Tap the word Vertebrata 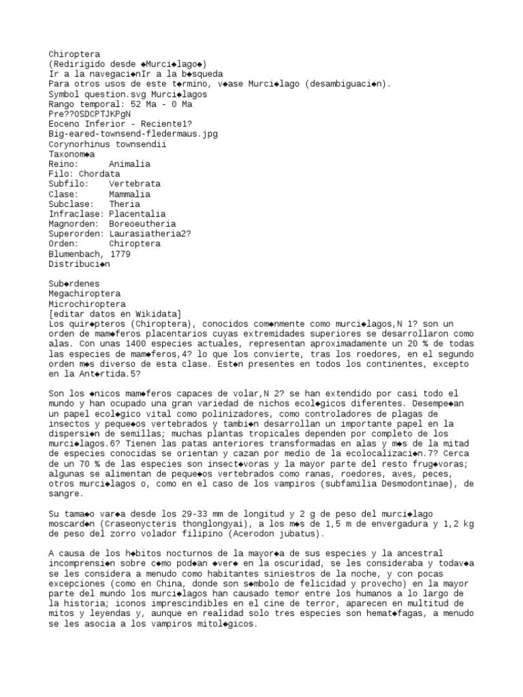pos(134,184)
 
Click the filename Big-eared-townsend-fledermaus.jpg pos(133,134)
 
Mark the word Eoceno pos(64,124)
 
